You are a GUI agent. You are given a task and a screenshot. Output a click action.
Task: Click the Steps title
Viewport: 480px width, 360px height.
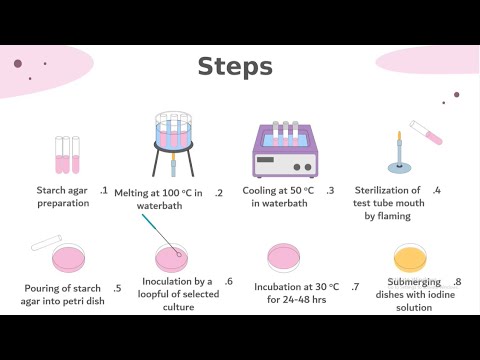pos(235,67)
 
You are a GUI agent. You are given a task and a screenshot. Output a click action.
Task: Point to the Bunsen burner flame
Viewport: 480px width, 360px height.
pos(398,135)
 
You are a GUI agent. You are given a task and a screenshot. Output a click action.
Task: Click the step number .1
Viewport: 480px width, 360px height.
pos(104,190)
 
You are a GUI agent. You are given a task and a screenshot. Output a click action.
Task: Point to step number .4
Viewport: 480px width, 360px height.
pos(436,189)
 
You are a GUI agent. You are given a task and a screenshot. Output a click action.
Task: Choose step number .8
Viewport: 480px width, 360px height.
pos(456,282)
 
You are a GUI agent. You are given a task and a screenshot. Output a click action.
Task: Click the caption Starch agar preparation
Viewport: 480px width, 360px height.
pos(63,196)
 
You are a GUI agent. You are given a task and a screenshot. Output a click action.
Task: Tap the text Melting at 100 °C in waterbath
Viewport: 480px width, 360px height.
pos(158,198)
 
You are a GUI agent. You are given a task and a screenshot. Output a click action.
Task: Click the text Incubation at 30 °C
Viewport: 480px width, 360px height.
pos(296,287)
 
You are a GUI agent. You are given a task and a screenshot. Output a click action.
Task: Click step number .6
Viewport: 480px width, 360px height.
pos(229,282)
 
